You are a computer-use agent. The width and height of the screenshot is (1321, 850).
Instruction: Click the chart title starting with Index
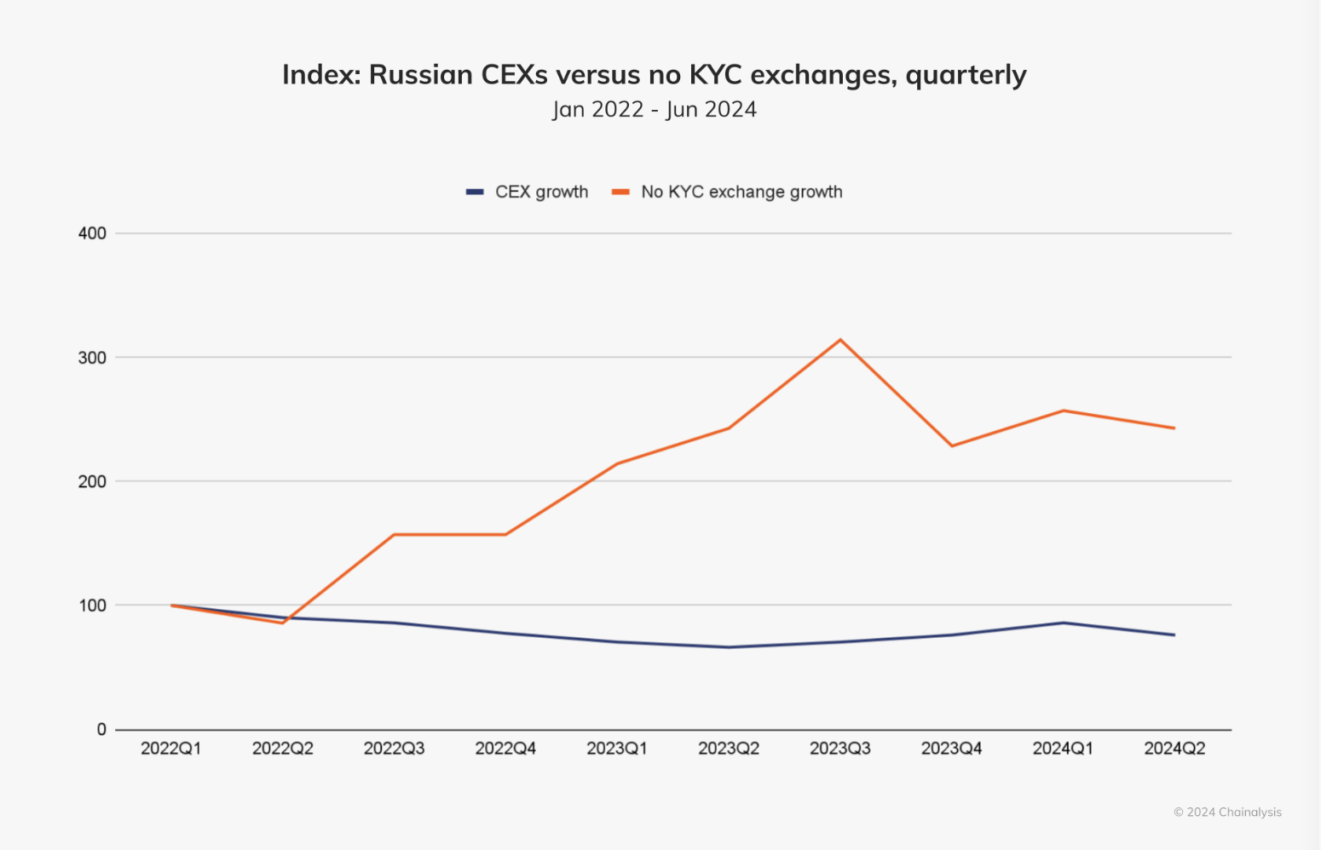pyautogui.click(x=654, y=75)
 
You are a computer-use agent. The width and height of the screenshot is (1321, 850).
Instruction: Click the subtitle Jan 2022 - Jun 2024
pyautogui.click(x=654, y=110)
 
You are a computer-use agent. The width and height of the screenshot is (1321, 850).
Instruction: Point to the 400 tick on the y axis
pyautogui.click(x=92, y=233)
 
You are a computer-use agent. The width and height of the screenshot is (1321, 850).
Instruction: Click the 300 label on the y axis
pyautogui.click(x=92, y=358)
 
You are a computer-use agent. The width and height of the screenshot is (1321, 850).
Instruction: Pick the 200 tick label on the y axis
pyautogui.click(x=92, y=481)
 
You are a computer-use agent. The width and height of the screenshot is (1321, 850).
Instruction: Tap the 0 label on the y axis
pyautogui.click(x=101, y=729)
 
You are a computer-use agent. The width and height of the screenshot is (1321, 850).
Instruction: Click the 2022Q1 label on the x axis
pyautogui.click(x=171, y=749)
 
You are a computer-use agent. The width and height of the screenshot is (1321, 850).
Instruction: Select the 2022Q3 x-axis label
pyautogui.click(x=394, y=749)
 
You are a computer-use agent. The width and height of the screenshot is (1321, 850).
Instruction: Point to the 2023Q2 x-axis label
pyautogui.click(x=729, y=749)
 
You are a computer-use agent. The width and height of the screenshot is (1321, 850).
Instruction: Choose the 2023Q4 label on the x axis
pyautogui.click(x=951, y=749)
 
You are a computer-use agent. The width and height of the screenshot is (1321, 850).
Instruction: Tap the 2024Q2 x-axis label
pyautogui.click(x=1174, y=749)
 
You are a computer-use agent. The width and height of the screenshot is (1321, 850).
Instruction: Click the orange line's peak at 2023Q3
pyautogui.click(x=840, y=340)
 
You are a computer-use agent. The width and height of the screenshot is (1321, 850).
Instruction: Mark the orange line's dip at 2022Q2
pyautogui.click(x=283, y=623)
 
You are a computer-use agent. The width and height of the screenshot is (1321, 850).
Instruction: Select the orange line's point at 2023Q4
pyautogui.click(x=951, y=445)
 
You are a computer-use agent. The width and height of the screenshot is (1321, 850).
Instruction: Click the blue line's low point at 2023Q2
pyautogui.click(x=729, y=647)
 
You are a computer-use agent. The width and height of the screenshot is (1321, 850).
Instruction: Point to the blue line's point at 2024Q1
pyautogui.click(x=1063, y=623)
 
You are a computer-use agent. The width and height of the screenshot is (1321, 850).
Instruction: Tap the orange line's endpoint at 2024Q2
pyautogui.click(x=1174, y=428)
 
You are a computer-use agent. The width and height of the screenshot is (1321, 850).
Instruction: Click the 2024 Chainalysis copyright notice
pyautogui.click(x=1227, y=812)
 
